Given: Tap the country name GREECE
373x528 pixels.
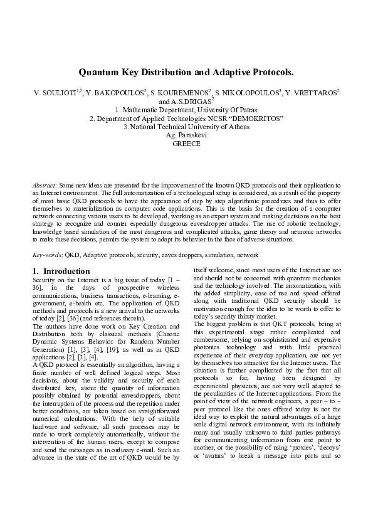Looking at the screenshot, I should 186,144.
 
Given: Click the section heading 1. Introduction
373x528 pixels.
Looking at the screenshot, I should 61,271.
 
